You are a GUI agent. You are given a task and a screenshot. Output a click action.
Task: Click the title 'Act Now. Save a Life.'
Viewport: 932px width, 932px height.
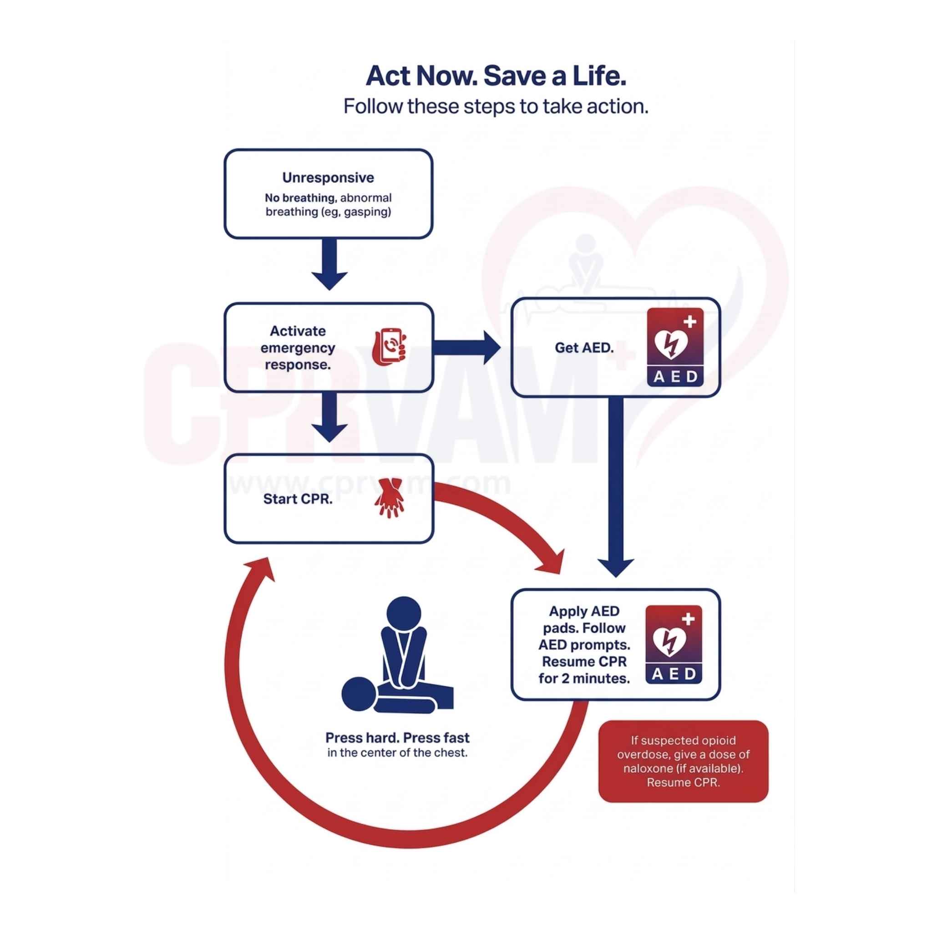pyautogui.click(x=496, y=76)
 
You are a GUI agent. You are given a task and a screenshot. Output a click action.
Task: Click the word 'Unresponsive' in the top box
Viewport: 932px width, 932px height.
pyautogui.click(x=328, y=177)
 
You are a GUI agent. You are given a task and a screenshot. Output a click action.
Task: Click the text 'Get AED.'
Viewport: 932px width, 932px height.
pyautogui.click(x=584, y=347)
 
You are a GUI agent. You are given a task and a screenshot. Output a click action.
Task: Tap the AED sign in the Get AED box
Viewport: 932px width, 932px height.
pyautogui.click(x=675, y=347)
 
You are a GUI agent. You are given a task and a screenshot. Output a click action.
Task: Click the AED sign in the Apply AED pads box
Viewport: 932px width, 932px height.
pyautogui.click(x=674, y=644)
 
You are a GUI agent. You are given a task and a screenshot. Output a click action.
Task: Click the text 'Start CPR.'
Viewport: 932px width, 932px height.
pyautogui.click(x=298, y=499)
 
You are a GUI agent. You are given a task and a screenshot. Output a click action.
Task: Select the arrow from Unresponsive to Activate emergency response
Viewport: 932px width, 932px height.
pyautogui.click(x=329, y=265)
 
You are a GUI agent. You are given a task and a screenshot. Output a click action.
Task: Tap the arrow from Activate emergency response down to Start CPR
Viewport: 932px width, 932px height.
pyautogui.click(x=329, y=418)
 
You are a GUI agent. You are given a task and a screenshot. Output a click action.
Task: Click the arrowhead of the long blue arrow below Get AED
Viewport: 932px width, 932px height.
pyautogui.click(x=616, y=567)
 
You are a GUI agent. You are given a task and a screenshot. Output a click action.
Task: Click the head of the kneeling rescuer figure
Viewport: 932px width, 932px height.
pyautogui.click(x=404, y=613)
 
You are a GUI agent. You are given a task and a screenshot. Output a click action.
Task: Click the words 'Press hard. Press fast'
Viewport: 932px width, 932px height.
pyautogui.click(x=397, y=738)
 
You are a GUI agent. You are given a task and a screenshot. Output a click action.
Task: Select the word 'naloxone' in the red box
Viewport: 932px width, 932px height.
pyautogui.click(x=648, y=769)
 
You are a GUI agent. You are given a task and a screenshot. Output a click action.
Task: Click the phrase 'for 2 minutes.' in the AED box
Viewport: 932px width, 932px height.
pyautogui.click(x=584, y=678)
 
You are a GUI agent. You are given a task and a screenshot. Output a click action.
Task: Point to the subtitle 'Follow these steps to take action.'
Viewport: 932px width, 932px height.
pyautogui.click(x=496, y=106)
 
